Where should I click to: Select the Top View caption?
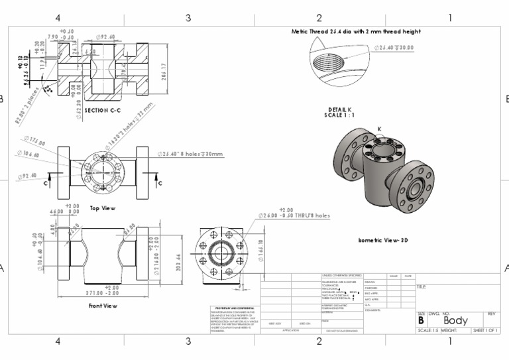103,208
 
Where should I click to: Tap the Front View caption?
103,306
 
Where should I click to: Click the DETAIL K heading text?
340,110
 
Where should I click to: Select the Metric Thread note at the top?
356,31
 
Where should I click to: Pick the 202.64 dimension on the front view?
178,262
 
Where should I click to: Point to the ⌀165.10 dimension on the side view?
260,247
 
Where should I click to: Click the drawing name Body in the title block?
455,321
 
